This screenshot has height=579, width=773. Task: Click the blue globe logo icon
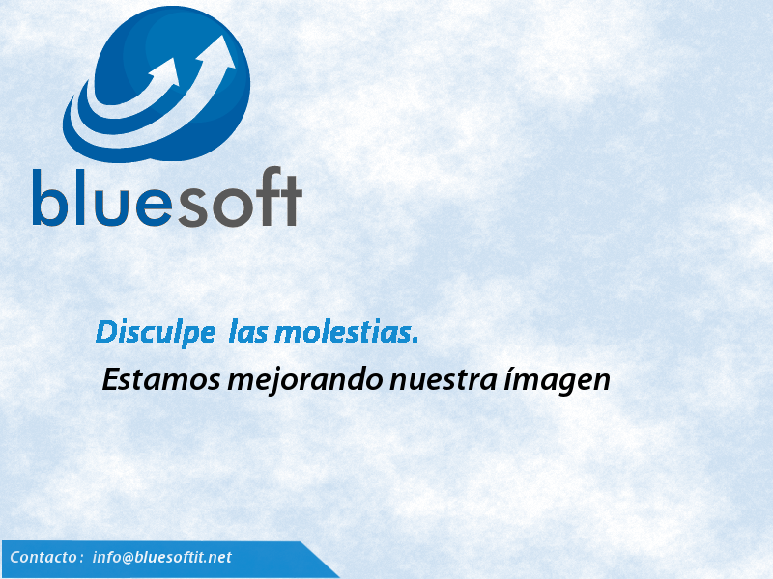[157, 84]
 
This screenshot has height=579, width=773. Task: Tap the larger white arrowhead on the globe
[218, 53]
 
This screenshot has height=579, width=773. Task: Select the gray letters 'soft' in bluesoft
[238, 197]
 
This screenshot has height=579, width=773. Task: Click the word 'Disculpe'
[156, 333]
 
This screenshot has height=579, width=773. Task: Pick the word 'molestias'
[343, 332]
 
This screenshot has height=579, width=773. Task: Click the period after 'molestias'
[415, 341]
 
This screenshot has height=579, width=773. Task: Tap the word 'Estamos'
[161, 379]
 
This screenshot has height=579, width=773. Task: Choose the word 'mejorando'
[305, 381]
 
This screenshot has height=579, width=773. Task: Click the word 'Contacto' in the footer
[43, 557]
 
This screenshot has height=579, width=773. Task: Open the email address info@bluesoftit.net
[161, 557]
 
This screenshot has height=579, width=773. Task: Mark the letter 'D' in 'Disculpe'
[104, 332]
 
